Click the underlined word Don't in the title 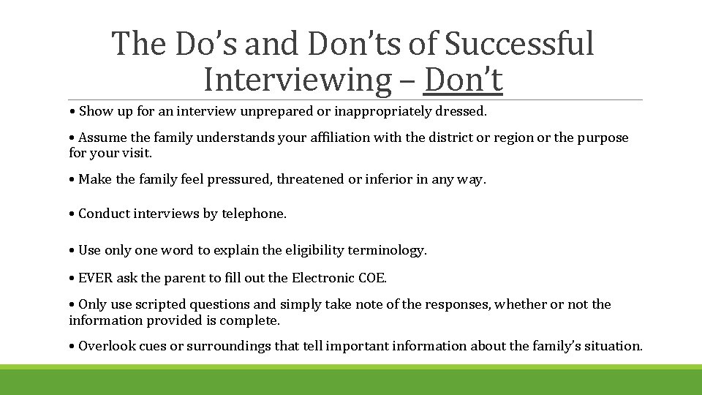click(x=463, y=80)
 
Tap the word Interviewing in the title click(x=298, y=80)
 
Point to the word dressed click(x=463, y=112)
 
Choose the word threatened click(x=309, y=179)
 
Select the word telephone click(x=254, y=214)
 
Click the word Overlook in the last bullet click(x=105, y=346)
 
